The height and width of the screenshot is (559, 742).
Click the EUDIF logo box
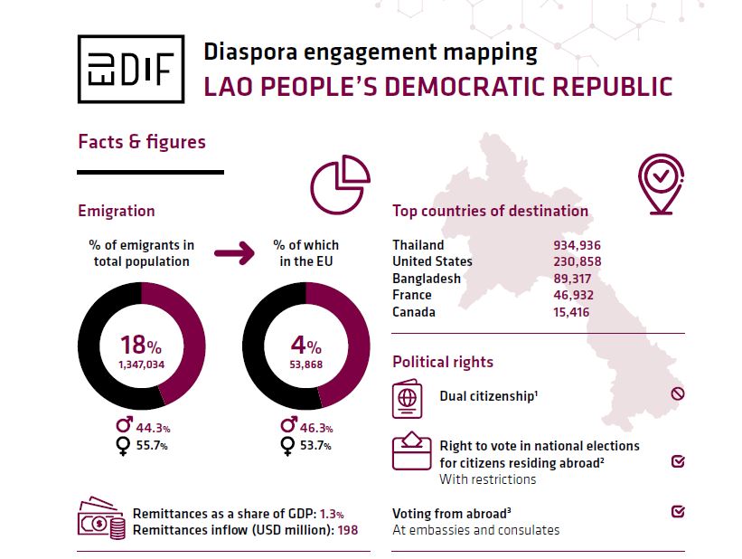coord(131,71)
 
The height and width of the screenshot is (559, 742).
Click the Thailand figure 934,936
coord(577,245)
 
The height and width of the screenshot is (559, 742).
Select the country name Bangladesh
coord(427,279)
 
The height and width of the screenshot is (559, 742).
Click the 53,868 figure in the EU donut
coord(305,365)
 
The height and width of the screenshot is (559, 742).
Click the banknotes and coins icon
coord(101,520)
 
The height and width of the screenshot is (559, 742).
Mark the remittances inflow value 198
coord(348,530)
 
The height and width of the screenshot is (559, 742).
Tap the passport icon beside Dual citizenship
coord(409,399)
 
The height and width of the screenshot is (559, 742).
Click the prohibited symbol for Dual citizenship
coord(678,393)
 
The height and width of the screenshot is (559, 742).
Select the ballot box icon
coord(411,451)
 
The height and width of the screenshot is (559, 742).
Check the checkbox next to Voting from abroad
coord(678,512)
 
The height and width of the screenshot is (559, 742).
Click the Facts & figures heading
coord(142,142)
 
